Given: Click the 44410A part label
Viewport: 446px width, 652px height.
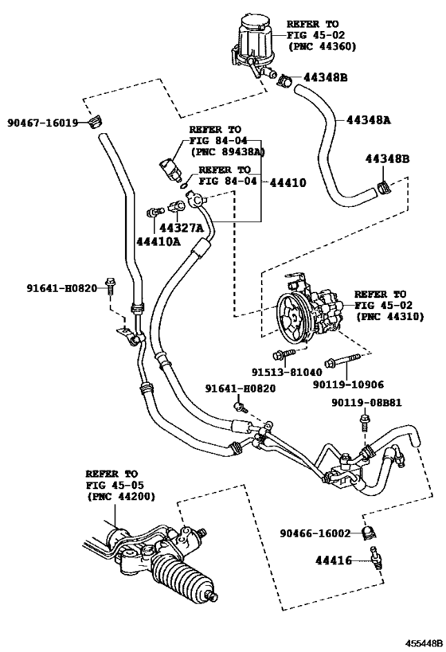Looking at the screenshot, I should [157, 240].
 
